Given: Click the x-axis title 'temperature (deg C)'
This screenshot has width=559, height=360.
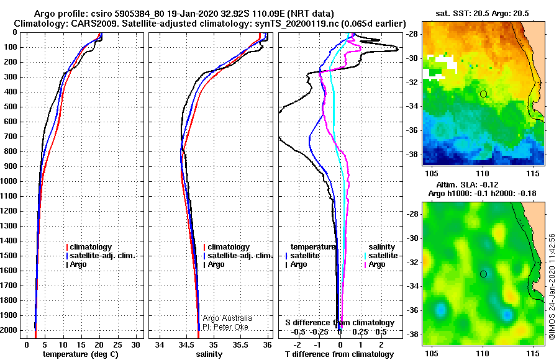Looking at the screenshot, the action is pos(81,354).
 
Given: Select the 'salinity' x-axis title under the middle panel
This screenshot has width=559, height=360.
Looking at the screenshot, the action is pos(209,354).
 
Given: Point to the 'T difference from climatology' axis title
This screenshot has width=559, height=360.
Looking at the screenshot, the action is pos(339,354).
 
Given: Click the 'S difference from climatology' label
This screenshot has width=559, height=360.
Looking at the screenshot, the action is pos(340,323).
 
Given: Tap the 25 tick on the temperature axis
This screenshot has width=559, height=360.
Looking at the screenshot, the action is pos(117,345).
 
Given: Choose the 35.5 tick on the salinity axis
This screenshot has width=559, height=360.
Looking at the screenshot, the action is pos(240,345).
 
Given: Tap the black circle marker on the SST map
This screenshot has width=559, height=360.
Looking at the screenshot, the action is pos(483,94).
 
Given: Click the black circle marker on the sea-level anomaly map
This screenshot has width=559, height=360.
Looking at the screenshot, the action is pos(483,274).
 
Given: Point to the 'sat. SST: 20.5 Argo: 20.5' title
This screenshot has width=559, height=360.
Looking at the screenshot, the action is pos(483,14).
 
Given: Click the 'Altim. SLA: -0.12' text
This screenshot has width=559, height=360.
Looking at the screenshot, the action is pos(467,184).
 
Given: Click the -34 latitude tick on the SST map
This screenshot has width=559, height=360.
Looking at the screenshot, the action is pos(412,106).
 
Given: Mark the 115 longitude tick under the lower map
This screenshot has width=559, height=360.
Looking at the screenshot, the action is pos(534,353).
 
